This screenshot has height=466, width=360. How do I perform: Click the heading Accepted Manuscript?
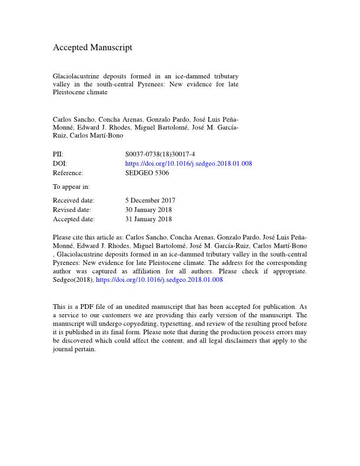(x=92, y=47)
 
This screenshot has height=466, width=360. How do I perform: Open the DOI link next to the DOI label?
(x=188, y=164)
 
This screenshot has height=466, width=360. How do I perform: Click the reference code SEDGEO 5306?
(x=147, y=173)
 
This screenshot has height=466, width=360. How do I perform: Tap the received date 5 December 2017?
(x=151, y=201)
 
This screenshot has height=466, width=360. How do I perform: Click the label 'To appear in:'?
(x=71, y=187)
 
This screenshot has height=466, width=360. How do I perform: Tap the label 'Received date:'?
(x=74, y=201)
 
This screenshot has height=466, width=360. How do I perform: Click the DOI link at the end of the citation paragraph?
(x=159, y=280)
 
